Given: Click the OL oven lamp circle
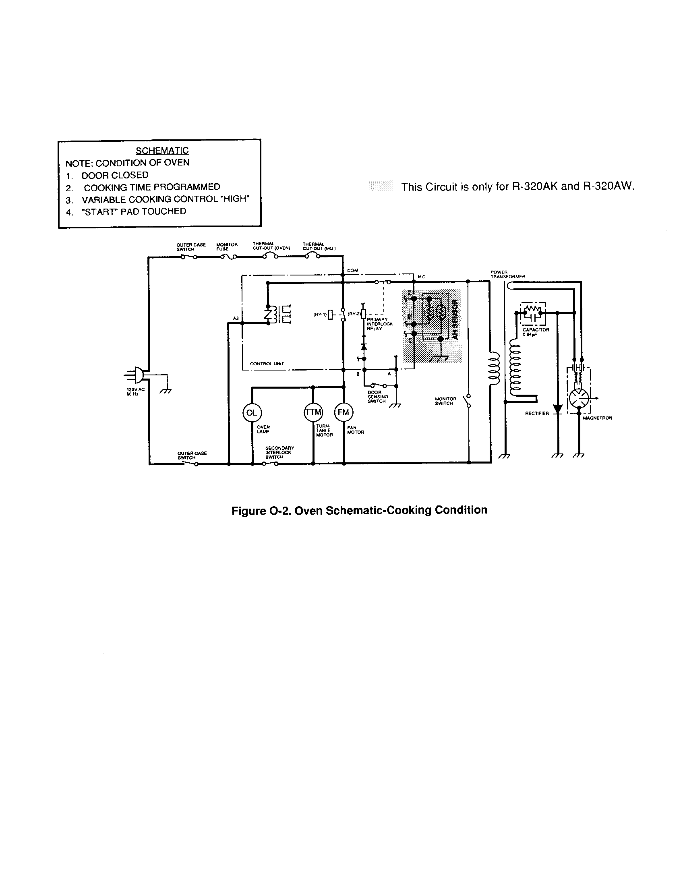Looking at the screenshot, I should point(252,413).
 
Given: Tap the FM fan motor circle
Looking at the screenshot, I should point(344,412).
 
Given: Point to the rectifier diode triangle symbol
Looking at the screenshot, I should point(558,409).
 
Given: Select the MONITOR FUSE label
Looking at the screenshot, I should point(227,246).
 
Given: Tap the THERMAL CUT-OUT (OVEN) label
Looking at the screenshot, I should point(271,246).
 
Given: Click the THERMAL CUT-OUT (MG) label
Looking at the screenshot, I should point(319,246).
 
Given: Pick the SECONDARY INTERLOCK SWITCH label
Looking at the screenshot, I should point(279,452).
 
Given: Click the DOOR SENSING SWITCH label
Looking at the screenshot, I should point(378,397).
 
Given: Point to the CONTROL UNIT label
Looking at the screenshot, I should point(267,364).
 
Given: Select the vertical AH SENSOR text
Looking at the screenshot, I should point(455,320).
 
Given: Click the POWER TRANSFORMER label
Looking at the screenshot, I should point(507,274).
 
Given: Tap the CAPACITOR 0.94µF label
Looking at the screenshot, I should point(535,332).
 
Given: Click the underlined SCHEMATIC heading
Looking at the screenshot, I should point(162,151).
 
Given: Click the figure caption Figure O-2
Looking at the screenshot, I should point(359,510).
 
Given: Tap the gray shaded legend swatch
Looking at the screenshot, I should point(381,186).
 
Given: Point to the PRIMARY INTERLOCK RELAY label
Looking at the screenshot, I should point(379,324).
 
